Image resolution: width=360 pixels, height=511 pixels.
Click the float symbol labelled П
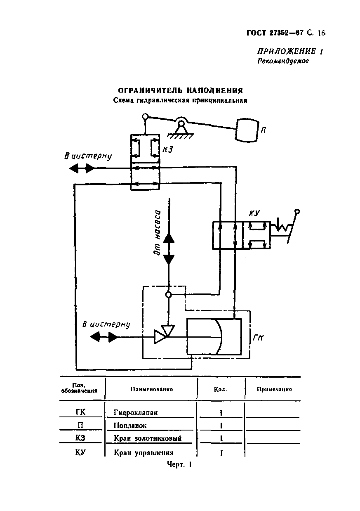pyautogui.click(x=246, y=130)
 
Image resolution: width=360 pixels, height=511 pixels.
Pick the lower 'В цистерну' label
pyautogui.click(x=106, y=324)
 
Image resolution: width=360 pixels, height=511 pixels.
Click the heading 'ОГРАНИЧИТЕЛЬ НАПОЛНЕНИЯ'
pyautogui.click(x=180, y=91)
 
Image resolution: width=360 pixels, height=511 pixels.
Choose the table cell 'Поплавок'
pyautogui.click(x=130, y=425)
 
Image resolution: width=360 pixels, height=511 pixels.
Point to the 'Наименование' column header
pyautogui.click(x=151, y=389)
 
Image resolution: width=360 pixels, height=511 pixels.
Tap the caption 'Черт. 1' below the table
pyautogui.click(x=180, y=464)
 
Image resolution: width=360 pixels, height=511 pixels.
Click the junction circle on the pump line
pyautogui.click(x=168, y=295)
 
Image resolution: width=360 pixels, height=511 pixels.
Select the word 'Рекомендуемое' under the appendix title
pyautogui.click(x=283, y=61)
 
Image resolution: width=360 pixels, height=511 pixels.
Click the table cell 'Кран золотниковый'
pyautogui.click(x=147, y=438)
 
